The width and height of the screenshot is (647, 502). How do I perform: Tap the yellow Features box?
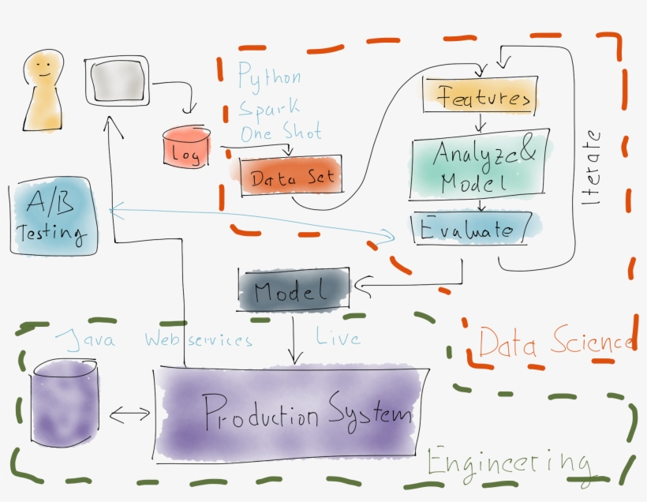[480, 98]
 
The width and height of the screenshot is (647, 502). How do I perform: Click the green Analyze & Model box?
[477, 167]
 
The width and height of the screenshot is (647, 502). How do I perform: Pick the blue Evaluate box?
[472, 230]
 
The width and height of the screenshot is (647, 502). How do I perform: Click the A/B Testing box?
[53, 219]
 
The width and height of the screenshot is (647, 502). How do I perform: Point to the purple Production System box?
[292, 412]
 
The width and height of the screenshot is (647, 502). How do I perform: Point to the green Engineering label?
[508, 462]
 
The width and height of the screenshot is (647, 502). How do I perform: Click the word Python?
[270, 77]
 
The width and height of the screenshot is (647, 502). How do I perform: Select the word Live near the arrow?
[339, 338]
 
